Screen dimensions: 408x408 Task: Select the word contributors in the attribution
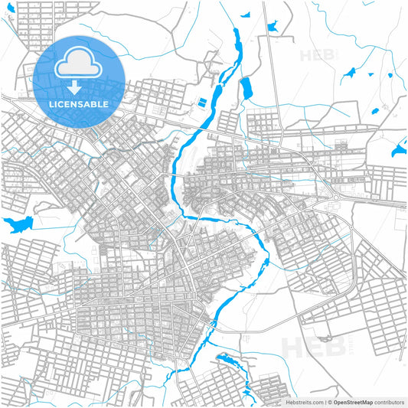point(388,401)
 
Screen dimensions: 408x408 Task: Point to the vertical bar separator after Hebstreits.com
point(322,401)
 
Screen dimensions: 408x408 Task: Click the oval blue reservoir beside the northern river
point(246,89)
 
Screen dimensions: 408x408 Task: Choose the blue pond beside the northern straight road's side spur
point(273,25)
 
